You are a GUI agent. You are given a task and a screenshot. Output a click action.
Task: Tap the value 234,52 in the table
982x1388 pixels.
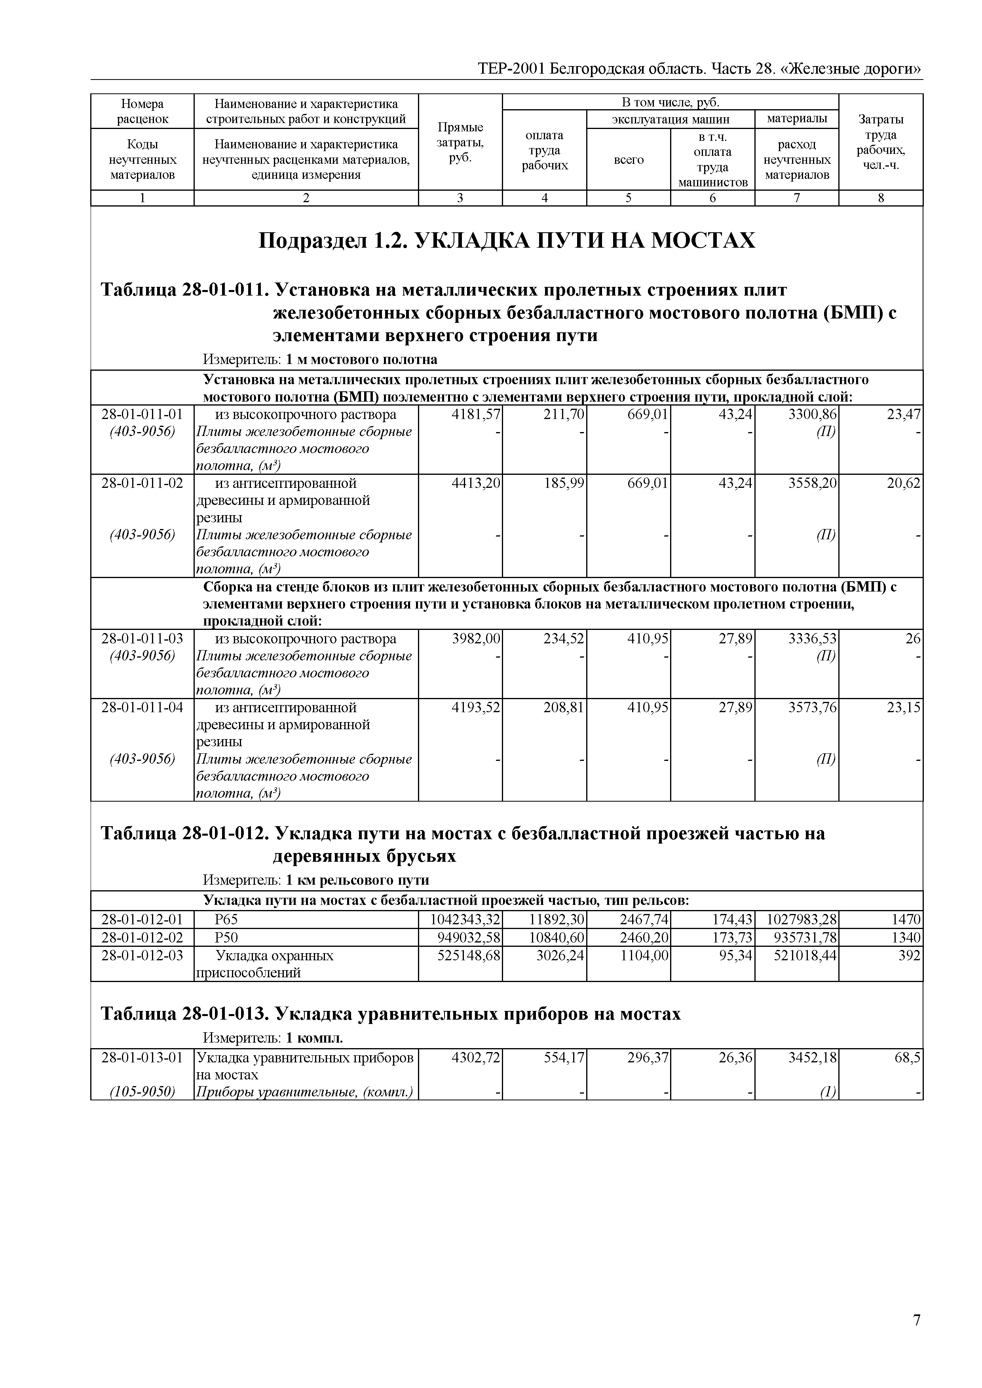coord(564,639)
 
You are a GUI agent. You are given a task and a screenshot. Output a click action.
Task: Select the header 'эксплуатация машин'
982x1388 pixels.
coord(670,119)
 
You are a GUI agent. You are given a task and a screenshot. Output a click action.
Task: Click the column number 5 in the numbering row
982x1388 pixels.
coord(628,198)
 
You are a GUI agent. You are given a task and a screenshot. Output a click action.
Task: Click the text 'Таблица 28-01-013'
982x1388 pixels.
coord(184,1014)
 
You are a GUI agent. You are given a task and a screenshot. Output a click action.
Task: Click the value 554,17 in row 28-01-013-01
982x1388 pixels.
coord(564,1058)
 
